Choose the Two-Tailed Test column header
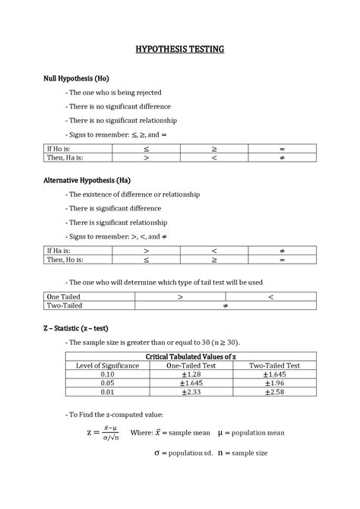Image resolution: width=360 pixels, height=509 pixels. click(275, 365)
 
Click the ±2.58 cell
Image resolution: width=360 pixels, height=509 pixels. click(275, 392)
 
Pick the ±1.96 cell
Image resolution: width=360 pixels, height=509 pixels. click(275, 383)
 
